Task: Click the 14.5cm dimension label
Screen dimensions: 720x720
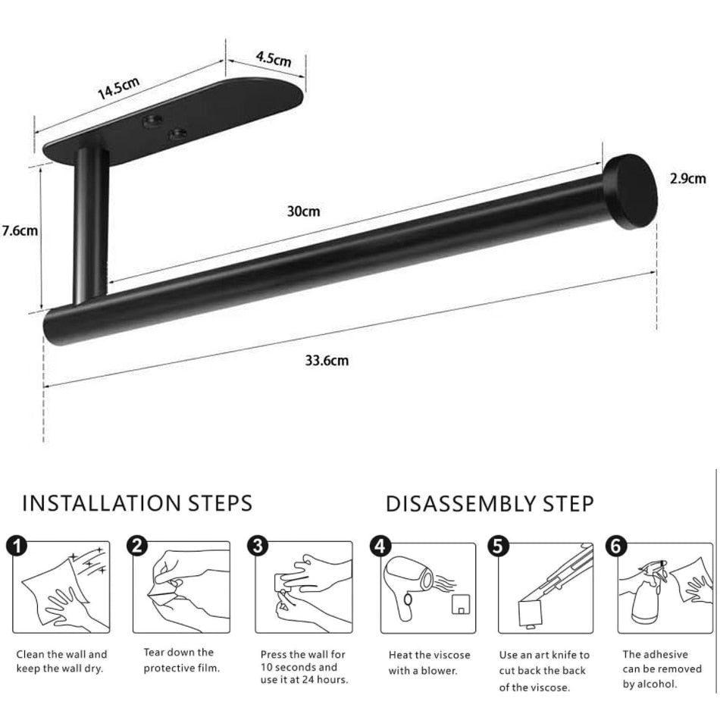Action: pyautogui.click(x=118, y=89)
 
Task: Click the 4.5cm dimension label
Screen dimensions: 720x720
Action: pyautogui.click(x=273, y=58)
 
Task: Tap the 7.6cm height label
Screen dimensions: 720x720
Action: pyautogui.click(x=20, y=230)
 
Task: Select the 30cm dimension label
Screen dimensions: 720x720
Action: pyautogui.click(x=303, y=211)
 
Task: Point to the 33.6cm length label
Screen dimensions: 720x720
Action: pyautogui.click(x=327, y=360)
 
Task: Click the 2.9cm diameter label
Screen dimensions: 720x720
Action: pyautogui.click(x=687, y=179)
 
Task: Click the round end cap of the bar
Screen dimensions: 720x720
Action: pyautogui.click(x=631, y=191)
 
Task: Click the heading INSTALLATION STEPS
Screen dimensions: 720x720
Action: pyautogui.click(x=137, y=502)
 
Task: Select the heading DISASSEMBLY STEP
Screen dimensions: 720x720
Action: pyautogui.click(x=490, y=503)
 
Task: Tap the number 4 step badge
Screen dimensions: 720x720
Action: pyautogui.click(x=379, y=545)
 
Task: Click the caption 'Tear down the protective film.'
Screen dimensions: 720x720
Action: pyautogui.click(x=181, y=660)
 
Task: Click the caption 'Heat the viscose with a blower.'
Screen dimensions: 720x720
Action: pyautogui.click(x=429, y=662)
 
